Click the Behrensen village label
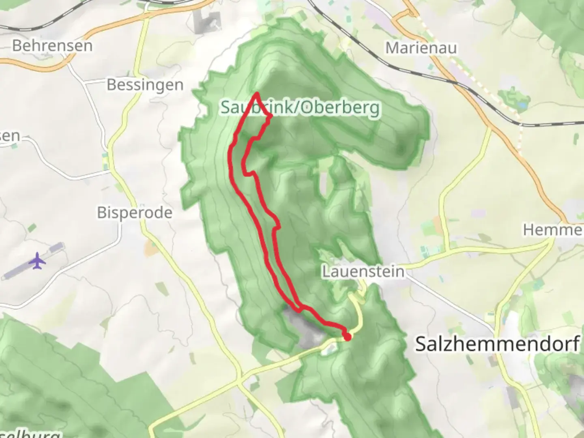(x=52, y=45)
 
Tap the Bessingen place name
(x=145, y=85)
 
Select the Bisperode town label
(x=134, y=213)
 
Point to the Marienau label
(x=421, y=48)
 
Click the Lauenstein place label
(x=363, y=271)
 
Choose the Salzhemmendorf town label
(x=497, y=344)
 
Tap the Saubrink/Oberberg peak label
(x=300, y=107)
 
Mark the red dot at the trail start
(x=347, y=337)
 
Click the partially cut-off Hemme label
(x=553, y=230)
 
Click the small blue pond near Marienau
(x=522, y=105)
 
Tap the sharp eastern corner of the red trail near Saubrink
(x=271, y=117)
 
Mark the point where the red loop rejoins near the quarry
(x=300, y=310)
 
